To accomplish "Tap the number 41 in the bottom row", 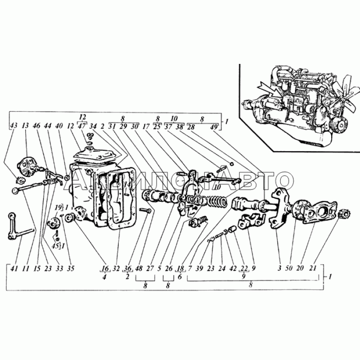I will (14, 269).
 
